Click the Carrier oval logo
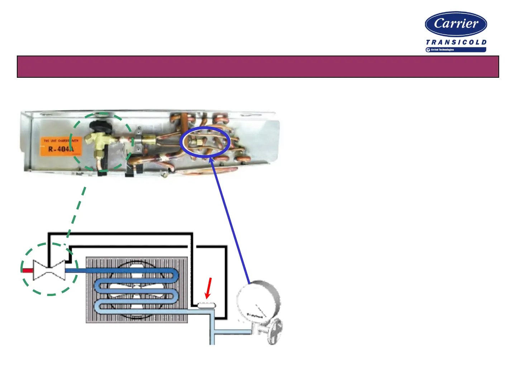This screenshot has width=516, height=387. pyautogui.click(x=456, y=24)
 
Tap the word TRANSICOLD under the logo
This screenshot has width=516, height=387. pyautogui.click(x=456, y=42)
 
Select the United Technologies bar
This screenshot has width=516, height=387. pyautogui.click(x=456, y=50)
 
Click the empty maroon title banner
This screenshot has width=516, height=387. pyautogui.click(x=258, y=67)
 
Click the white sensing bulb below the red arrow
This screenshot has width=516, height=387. pyautogui.click(x=206, y=305)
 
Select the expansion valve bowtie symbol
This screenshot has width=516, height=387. pyautogui.click(x=49, y=270)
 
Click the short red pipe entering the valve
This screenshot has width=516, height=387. pyautogui.click(x=27, y=270)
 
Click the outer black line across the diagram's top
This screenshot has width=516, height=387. pyautogui.click(x=122, y=234)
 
